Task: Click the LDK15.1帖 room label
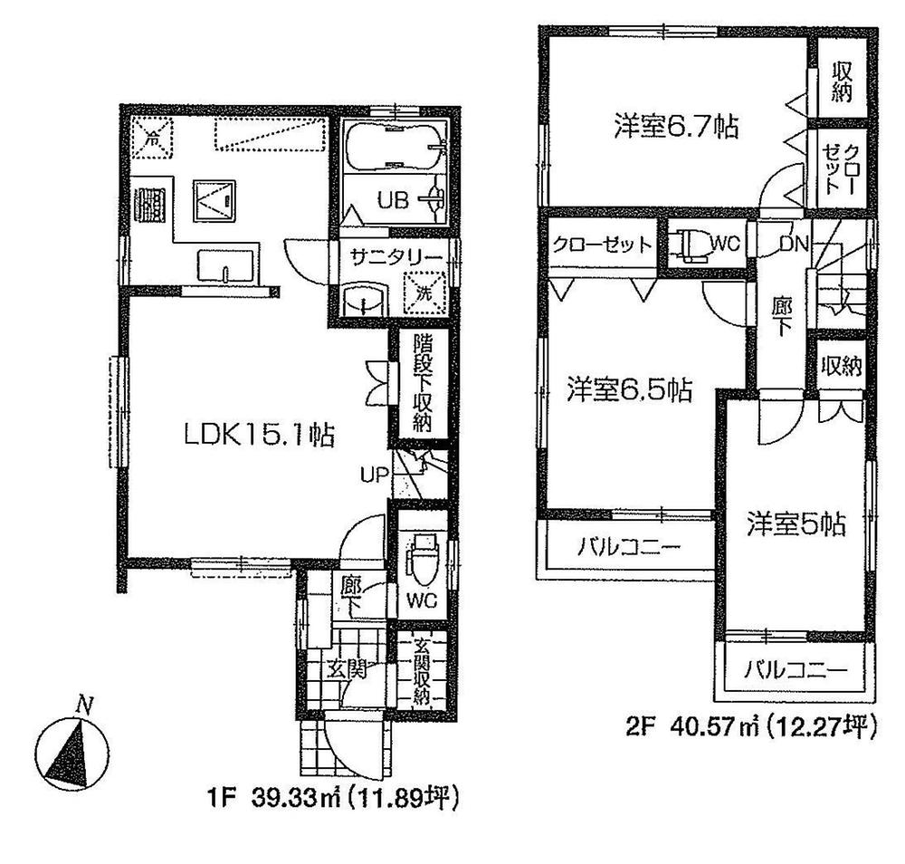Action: point(260,435)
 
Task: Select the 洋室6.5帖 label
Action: point(630,390)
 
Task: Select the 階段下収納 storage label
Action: point(423,384)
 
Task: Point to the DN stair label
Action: point(797,244)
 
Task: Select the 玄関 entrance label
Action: point(345,670)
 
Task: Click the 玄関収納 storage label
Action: point(422,671)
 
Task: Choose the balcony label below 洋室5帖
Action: point(796,671)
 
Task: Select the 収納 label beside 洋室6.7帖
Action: point(843,81)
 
